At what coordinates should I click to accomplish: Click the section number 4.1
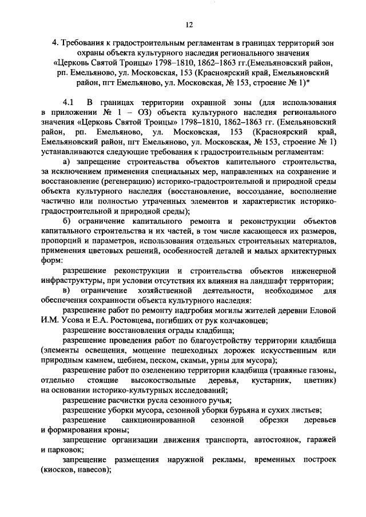[69, 102]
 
